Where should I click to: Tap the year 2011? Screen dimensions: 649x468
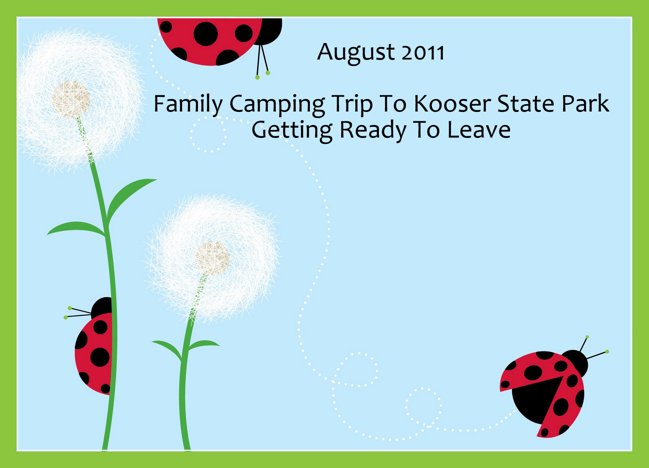(423, 53)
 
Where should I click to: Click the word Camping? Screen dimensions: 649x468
(277, 105)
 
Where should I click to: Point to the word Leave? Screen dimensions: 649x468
(478, 130)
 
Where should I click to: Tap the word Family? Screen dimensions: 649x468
(188, 105)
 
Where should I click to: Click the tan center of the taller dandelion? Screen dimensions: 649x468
(71, 100)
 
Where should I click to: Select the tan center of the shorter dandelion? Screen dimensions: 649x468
(213, 259)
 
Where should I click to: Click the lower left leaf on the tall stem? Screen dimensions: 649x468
(76, 228)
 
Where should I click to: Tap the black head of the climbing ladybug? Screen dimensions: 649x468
(102, 307)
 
